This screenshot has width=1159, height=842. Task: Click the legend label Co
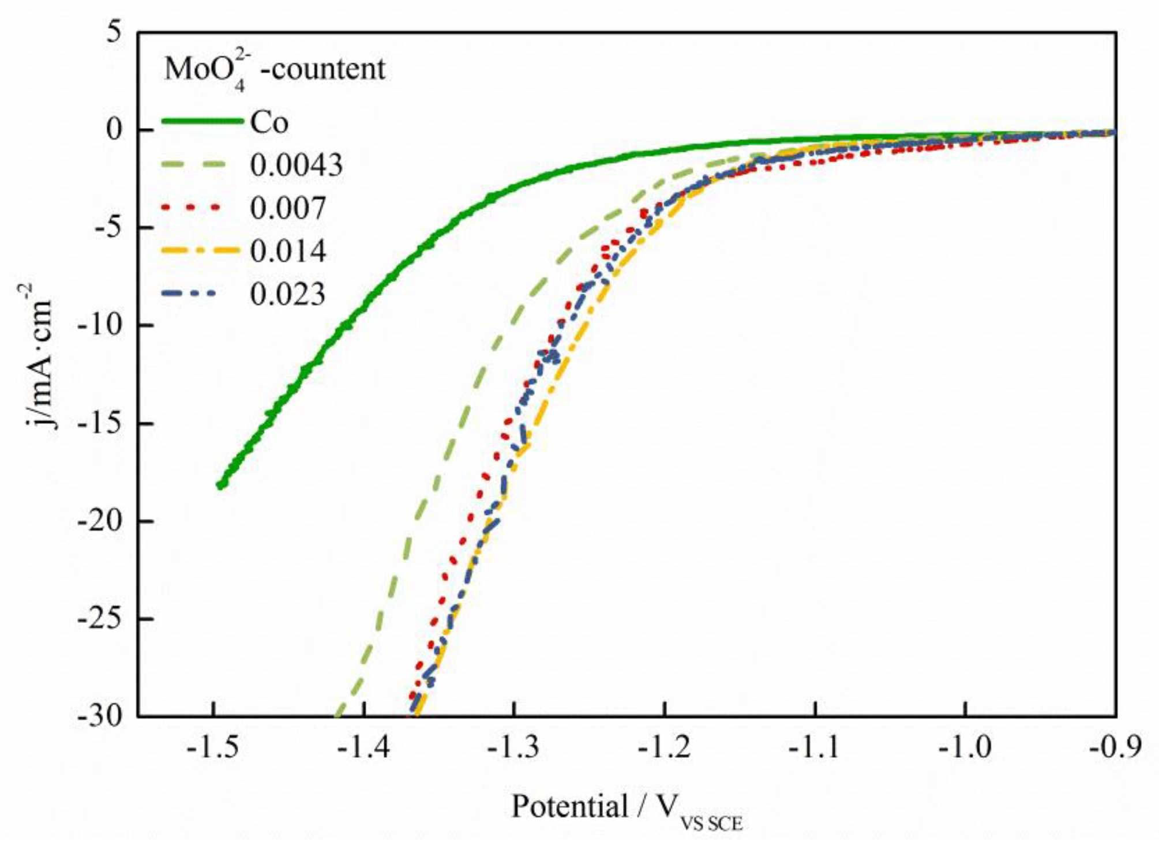(269, 123)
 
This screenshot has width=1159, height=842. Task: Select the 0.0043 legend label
(296, 166)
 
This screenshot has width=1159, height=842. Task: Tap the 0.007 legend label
(288, 208)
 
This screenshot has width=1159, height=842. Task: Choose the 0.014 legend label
(288, 251)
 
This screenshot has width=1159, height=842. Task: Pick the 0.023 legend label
(288, 295)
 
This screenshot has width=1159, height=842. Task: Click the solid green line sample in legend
(202, 121)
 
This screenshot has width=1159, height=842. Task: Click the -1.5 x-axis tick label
(213, 748)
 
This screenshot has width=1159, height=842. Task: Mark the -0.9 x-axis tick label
(1115, 748)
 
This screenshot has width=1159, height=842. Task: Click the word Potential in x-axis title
(570, 806)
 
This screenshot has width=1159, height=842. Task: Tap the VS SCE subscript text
(711, 823)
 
